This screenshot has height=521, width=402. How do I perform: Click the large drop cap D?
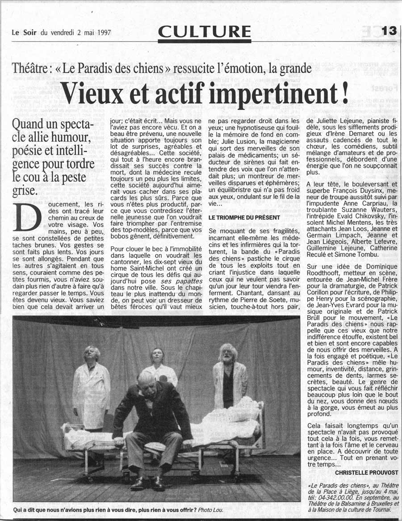(26, 218)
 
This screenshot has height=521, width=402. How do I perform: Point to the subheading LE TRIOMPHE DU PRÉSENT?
(244, 217)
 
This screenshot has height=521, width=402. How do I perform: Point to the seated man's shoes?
(147, 483)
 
